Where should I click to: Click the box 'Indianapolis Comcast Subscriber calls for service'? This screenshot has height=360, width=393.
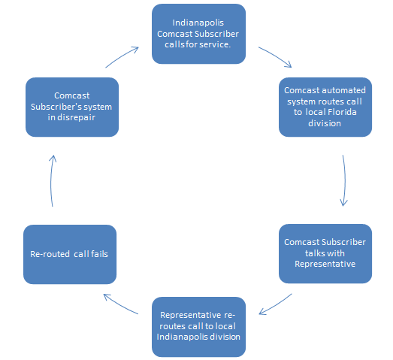[x=198, y=34]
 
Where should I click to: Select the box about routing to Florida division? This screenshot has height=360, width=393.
[x=325, y=107]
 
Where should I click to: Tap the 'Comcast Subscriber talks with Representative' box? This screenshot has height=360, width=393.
[x=325, y=253]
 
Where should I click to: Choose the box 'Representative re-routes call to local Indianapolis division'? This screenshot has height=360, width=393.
[x=198, y=327]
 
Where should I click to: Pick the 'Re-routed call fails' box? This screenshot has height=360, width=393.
[x=70, y=254]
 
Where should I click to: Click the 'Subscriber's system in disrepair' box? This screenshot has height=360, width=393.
[x=72, y=107]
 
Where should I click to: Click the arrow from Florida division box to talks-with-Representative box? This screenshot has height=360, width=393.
[x=345, y=180]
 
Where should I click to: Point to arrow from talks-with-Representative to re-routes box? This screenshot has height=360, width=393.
[x=277, y=305]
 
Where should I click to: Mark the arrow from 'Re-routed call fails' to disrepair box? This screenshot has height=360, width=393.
[x=51, y=180]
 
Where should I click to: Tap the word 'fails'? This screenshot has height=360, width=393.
[x=99, y=254]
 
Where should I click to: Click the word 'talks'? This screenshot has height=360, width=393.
[x=313, y=253]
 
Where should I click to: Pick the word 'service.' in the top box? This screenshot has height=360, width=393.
[x=215, y=44]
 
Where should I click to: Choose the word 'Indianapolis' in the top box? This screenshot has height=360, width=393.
[x=198, y=23]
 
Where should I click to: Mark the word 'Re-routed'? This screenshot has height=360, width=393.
[x=50, y=254]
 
